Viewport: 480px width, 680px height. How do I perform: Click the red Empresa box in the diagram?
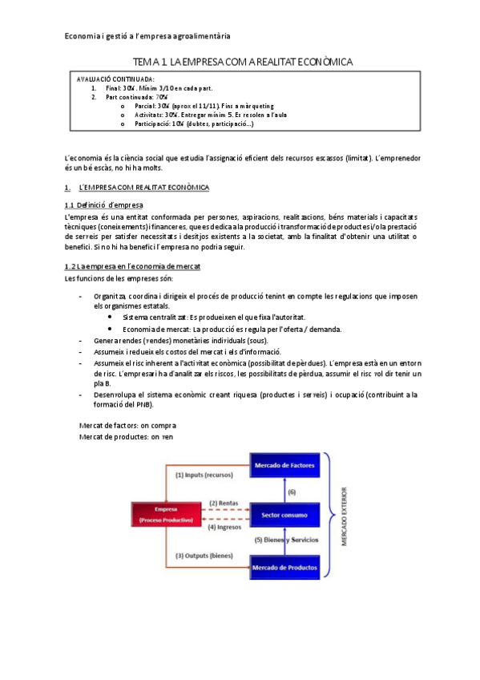(x=167, y=514)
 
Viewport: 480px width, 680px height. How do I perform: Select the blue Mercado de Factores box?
(x=287, y=465)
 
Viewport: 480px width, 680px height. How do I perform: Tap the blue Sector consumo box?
(x=287, y=513)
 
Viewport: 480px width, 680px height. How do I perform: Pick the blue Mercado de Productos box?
(x=287, y=567)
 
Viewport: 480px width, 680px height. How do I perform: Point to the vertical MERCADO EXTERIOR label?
(x=345, y=516)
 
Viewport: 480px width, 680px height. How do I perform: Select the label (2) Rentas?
(x=224, y=504)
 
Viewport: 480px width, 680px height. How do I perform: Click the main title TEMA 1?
(x=242, y=62)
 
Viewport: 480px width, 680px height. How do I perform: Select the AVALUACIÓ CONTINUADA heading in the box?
(x=115, y=79)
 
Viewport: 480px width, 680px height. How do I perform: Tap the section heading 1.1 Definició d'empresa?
(x=103, y=205)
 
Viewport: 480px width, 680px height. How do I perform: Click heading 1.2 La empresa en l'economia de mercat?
(x=132, y=265)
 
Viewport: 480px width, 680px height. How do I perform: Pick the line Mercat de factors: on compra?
(x=128, y=424)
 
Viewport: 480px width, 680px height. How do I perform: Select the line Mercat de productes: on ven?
(x=127, y=436)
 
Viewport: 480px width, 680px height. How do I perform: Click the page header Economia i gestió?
(x=147, y=36)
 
